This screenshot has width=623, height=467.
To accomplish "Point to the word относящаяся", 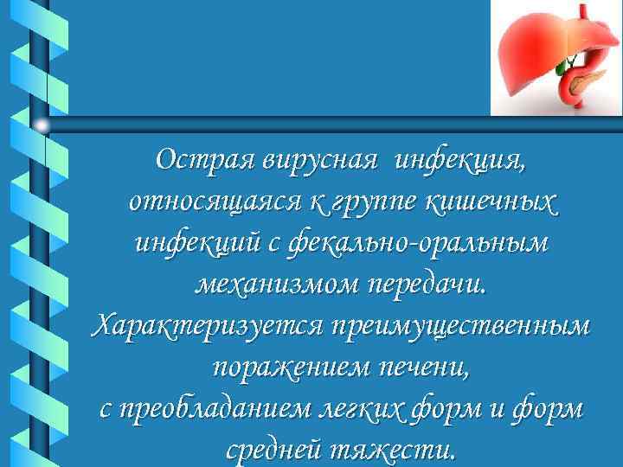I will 214,202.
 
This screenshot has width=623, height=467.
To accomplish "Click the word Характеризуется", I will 205,326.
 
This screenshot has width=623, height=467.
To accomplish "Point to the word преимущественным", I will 459,326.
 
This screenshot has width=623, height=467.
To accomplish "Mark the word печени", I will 424,368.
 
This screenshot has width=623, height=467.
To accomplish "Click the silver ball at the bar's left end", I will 42,124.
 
